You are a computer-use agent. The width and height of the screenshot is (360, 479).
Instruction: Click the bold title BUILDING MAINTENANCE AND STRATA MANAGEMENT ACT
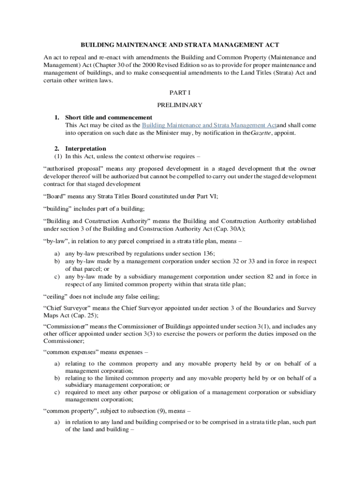tap(180, 45)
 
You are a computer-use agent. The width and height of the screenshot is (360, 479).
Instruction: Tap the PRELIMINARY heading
tap(180, 105)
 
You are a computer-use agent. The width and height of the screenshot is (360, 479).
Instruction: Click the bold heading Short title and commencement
tap(108, 117)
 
